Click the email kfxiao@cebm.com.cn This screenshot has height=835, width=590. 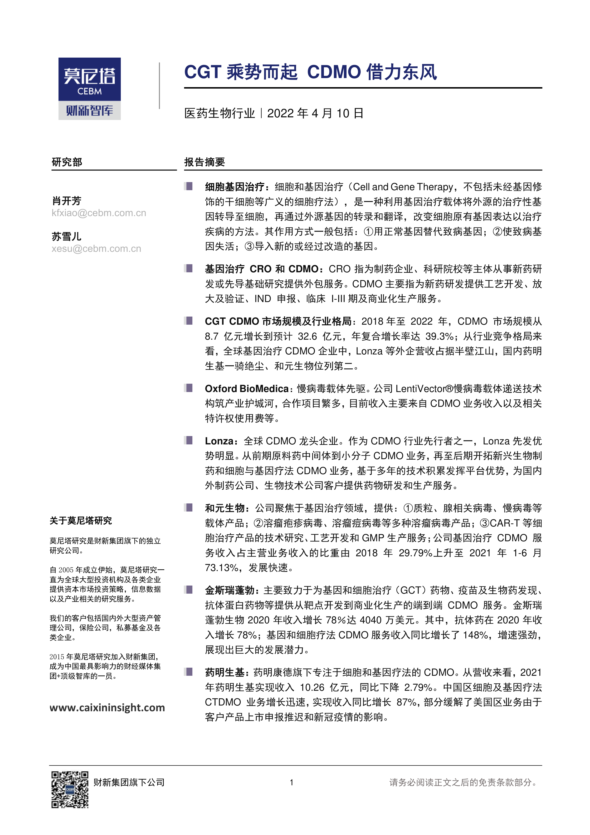99,213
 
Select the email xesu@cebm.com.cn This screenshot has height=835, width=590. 96,249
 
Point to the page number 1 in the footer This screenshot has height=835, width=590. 291,783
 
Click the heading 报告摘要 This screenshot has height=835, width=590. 205,162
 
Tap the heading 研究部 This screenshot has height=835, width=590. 67,162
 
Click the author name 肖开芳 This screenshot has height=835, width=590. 67,201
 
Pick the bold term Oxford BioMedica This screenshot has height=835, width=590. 247,389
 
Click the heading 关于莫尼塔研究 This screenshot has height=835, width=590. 81,521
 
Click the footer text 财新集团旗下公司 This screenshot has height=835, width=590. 129,783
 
